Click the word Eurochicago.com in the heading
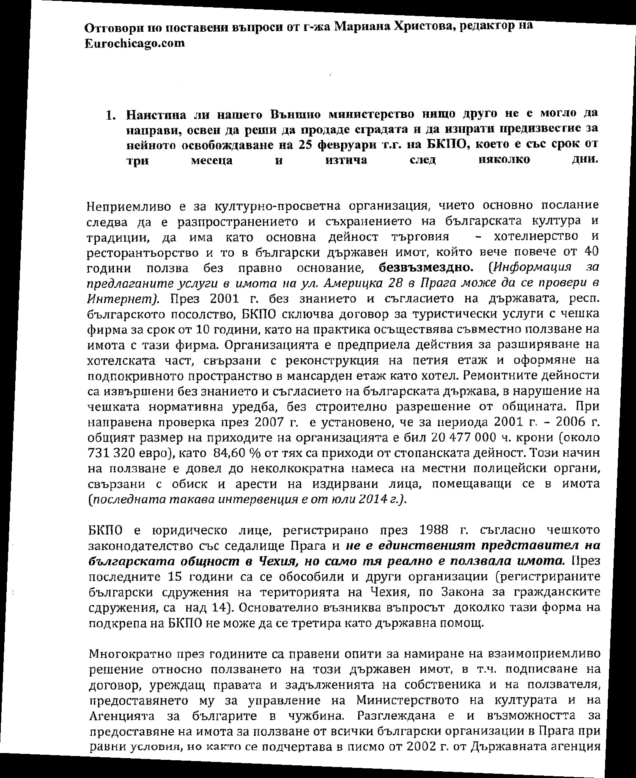[134, 44]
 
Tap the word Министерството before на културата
[408, 700]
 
